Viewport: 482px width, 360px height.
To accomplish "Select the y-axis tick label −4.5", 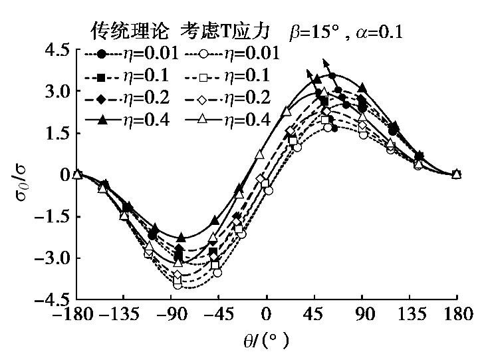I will coord(53,300).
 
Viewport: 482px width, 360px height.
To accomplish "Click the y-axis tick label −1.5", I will coord(53,217).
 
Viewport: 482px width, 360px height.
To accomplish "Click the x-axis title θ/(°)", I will coord(267,342).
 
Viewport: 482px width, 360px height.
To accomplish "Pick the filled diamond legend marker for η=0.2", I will coord(101,99).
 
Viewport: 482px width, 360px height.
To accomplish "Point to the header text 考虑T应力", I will coord(213,31).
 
